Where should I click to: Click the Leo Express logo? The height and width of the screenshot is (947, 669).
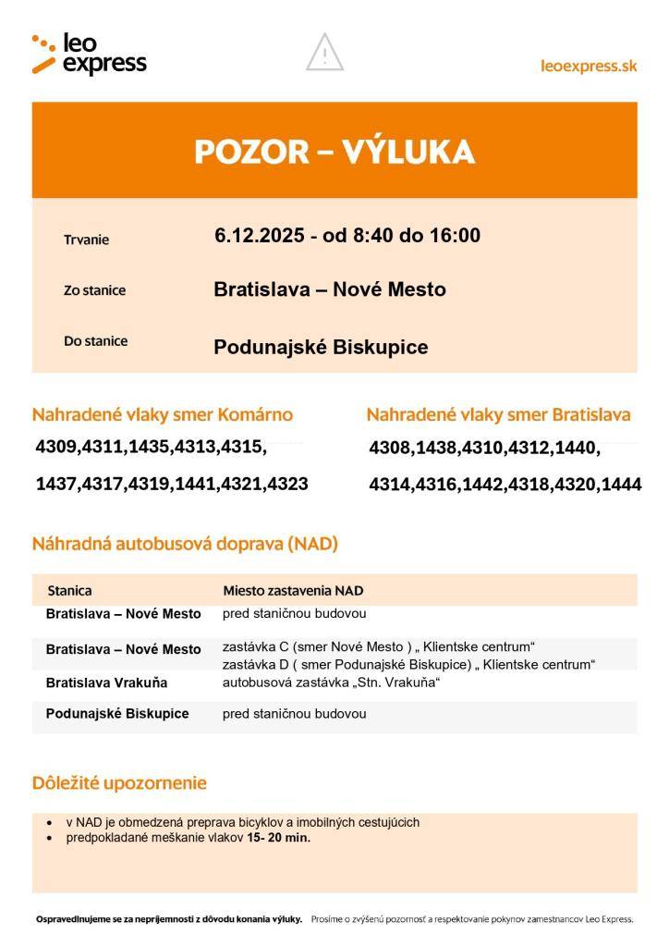tap(89, 54)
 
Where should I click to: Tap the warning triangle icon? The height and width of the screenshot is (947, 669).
tap(324, 53)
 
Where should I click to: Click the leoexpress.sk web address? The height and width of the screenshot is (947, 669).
tap(588, 66)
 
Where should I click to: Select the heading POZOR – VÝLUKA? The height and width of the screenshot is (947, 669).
tap(334, 151)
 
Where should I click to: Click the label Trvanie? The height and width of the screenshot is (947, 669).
tap(86, 240)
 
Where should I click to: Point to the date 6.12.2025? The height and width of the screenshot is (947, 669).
tap(260, 236)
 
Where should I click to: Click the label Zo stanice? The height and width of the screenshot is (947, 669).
tap(94, 290)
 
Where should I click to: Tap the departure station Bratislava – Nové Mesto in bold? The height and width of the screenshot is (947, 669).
tap(329, 289)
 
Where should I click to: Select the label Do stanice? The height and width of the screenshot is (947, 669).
tap(95, 340)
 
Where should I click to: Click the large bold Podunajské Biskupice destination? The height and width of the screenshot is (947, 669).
tap(321, 347)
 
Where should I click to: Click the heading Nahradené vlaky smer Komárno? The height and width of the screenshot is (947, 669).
tap(163, 414)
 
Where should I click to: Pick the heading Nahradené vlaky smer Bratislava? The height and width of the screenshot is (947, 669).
tap(498, 414)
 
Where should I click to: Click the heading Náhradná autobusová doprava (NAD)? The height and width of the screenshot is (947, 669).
tap(185, 544)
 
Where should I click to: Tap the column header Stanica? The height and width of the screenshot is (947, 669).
tap(69, 590)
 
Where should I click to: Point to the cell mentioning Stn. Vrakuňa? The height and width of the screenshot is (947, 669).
tap(330, 683)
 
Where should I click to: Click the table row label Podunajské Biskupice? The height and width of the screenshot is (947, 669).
tap(117, 714)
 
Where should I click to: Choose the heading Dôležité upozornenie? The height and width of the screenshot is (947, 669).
tap(119, 783)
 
